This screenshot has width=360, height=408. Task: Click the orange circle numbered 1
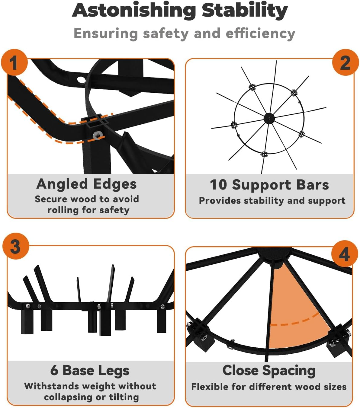[14, 62]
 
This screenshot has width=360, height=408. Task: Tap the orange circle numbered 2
[346, 62]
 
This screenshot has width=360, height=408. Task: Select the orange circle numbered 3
[16, 246]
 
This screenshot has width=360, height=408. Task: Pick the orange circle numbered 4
[345, 254]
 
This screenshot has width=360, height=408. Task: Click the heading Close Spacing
[269, 371]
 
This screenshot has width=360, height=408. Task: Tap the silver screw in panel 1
[98, 135]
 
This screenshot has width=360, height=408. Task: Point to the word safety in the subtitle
[166, 33]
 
